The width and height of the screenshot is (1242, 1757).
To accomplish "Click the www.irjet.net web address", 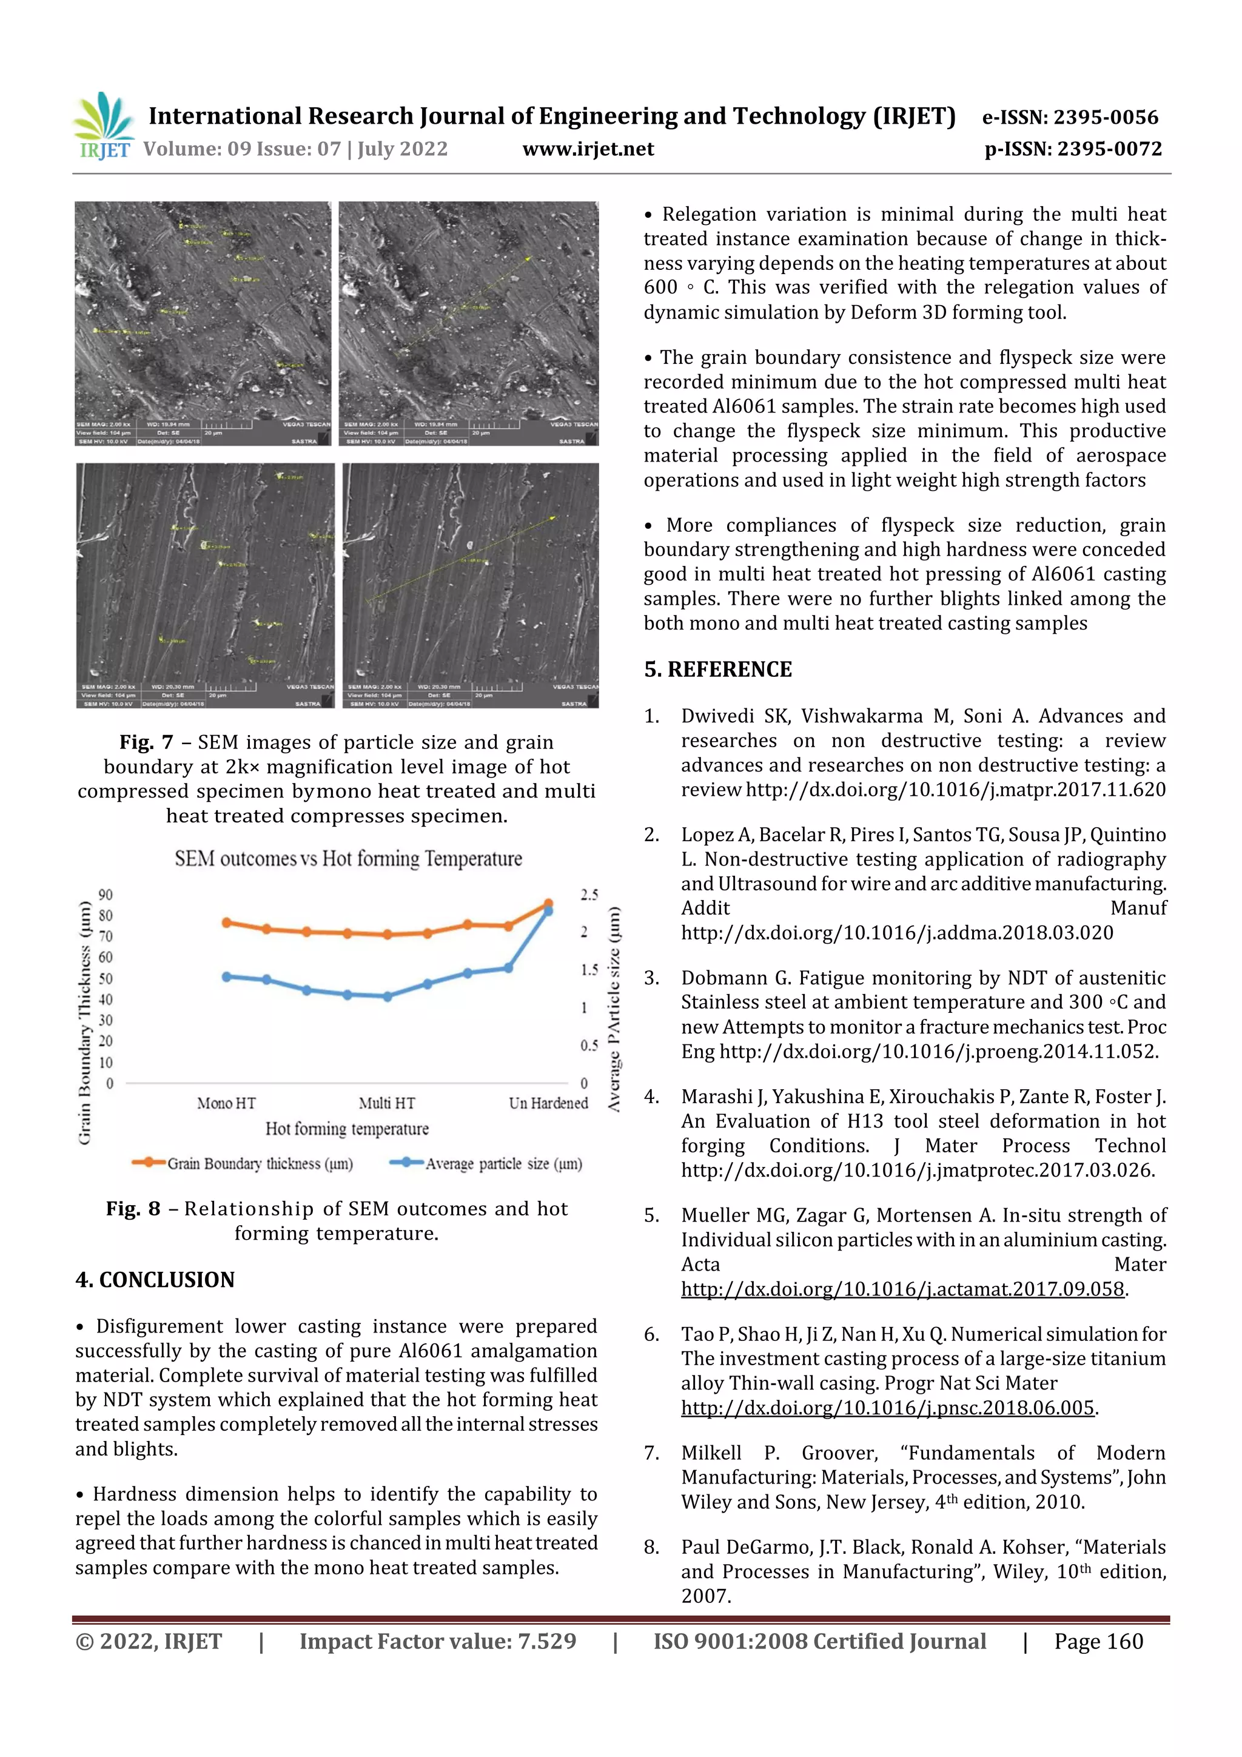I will click(x=588, y=149).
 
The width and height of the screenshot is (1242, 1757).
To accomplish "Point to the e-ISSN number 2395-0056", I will click(x=1105, y=117).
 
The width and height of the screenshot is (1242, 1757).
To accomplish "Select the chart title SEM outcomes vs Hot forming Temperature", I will click(x=348, y=859).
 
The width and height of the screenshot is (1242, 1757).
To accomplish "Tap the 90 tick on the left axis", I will click(x=106, y=895).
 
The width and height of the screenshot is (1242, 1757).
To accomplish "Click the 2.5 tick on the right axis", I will click(x=588, y=895).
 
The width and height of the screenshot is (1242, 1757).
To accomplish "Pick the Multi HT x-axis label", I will click(x=386, y=1103).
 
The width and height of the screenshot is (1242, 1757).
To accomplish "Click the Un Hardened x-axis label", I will click(x=548, y=1103).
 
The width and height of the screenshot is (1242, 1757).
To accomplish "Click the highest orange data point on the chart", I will click(x=548, y=904).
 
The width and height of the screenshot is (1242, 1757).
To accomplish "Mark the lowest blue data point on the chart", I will click(x=388, y=997).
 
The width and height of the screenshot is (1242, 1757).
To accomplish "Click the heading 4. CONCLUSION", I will click(x=155, y=1280).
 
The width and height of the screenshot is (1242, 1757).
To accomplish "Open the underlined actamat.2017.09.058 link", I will click(x=902, y=1289).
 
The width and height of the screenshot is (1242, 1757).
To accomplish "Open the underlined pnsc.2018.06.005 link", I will click(x=888, y=1408).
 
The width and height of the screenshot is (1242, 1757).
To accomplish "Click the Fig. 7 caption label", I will click(x=146, y=742).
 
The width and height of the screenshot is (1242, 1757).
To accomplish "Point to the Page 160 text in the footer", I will click(x=1098, y=1641).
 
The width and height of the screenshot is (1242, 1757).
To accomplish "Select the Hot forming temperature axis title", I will click(x=347, y=1129).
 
